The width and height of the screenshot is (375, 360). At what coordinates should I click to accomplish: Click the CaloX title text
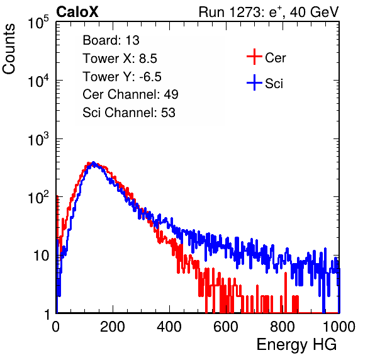point(77,12)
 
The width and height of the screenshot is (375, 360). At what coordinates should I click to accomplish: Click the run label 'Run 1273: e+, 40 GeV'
point(269,12)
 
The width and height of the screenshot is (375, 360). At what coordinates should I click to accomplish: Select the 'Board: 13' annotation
point(111,40)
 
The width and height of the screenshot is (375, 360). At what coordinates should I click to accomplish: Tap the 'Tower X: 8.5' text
point(120,58)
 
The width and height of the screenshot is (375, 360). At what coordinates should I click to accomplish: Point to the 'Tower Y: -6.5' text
point(122,76)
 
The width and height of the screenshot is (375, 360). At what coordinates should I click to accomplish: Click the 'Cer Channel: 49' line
point(130,94)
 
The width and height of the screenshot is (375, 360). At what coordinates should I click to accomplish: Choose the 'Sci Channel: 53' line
point(129,112)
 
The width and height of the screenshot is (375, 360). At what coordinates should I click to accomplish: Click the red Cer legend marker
point(254,57)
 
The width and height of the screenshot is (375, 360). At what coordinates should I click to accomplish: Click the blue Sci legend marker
point(254,82)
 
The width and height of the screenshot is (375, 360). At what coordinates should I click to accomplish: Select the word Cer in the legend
point(275,58)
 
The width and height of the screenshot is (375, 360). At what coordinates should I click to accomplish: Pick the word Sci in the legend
point(274,84)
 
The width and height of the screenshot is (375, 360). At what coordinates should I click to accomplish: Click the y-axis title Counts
point(9,48)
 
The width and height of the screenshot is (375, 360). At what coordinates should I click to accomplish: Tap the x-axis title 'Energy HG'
point(296,345)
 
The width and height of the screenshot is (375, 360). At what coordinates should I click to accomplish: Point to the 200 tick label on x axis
point(113,327)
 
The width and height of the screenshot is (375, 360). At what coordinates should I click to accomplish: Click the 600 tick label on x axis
point(226,327)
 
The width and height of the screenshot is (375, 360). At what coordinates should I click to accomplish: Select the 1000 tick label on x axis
point(339,327)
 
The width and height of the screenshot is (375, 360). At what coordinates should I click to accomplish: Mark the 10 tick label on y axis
point(41,256)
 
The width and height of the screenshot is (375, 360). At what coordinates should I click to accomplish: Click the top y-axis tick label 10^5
point(38,22)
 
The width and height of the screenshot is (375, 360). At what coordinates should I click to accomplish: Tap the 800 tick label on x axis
point(283,327)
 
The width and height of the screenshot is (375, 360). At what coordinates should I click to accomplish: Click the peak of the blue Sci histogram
point(94,162)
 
